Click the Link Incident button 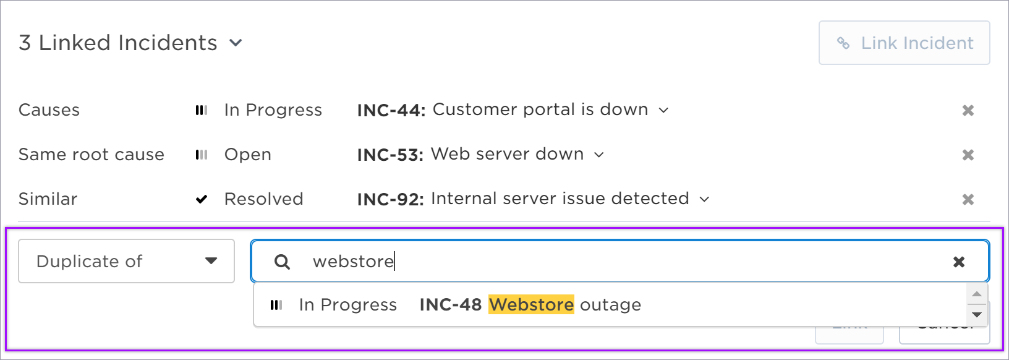click(x=904, y=43)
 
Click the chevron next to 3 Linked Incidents click(x=236, y=43)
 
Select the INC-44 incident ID click(x=391, y=110)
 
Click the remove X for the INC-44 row click(x=968, y=110)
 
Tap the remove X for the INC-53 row click(x=968, y=155)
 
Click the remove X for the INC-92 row click(x=968, y=199)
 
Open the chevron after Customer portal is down click(x=663, y=110)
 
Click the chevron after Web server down click(x=598, y=155)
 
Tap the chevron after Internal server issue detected click(x=704, y=199)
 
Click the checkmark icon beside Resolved click(x=202, y=199)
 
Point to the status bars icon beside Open click(x=202, y=155)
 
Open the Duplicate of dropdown click(x=126, y=261)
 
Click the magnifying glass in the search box click(x=282, y=261)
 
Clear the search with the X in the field click(x=959, y=261)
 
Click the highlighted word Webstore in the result click(x=531, y=304)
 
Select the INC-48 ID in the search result click(x=451, y=304)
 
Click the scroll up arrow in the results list click(x=977, y=294)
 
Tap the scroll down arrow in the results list click(x=977, y=314)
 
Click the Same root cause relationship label click(x=92, y=155)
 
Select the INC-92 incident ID click(x=391, y=199)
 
